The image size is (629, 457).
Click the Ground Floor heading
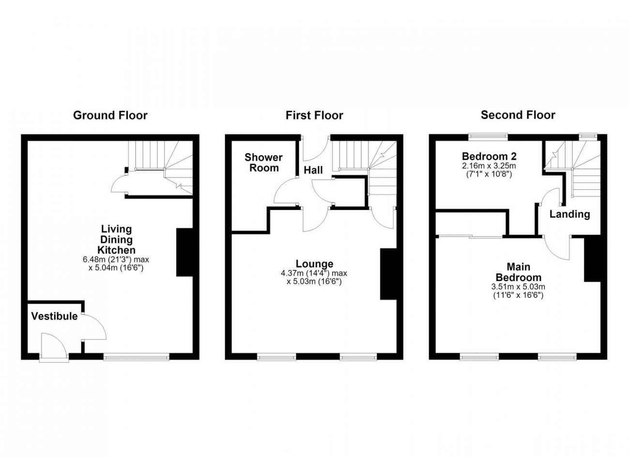coord(110,116)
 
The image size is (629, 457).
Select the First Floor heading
coord(314,116)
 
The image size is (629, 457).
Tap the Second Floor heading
coord(518,115)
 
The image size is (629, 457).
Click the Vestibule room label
coord(54,316)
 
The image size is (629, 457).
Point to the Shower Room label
coord(263,162)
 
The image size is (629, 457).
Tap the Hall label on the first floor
coord(314,170)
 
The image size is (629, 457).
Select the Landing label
coord(569,214)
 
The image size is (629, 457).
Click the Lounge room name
coord(314,264)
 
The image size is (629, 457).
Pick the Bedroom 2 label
coord(489,156)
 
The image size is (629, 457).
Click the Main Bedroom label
coord(518,272)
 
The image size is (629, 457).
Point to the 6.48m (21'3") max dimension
coord(116,259)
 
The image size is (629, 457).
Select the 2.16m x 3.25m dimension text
coord(489,165)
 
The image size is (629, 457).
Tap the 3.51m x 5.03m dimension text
coord(518,287)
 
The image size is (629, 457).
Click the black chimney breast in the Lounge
coord(389,274)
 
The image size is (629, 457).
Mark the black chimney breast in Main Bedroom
coord(592,260)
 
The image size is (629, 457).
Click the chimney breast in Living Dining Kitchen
coord(184,252)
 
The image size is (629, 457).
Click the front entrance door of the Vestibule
coord(54,348)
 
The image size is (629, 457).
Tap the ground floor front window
coord(136,357)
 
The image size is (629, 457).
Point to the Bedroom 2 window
coord(488,137)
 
